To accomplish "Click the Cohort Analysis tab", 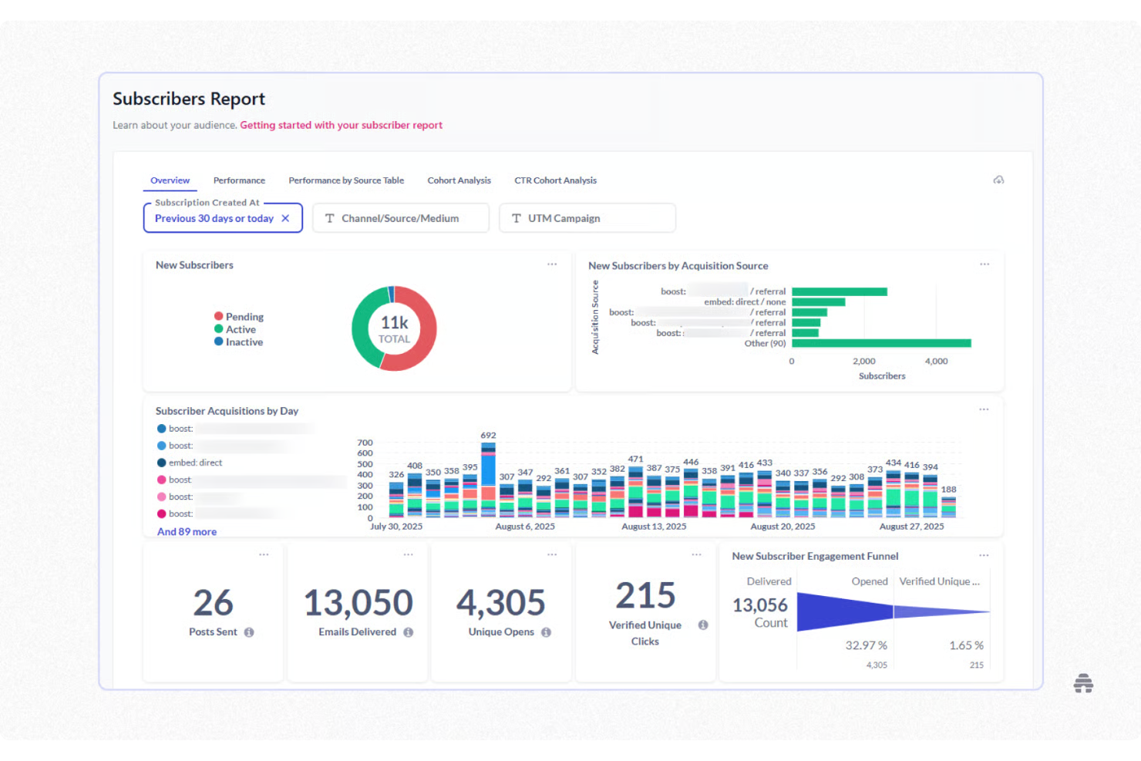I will point(459,180).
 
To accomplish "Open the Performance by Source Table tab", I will point(346,180).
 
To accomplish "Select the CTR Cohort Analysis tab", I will point(555,180).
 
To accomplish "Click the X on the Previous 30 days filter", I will point(285,218).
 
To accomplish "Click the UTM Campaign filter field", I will point(587,218).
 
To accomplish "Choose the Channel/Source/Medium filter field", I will point(400,218).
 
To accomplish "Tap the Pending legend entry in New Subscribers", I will point(244,317).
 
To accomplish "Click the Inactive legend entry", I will point(244,342).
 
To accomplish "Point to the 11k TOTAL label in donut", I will point(394,329).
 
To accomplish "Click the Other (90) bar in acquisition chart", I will point(880,343).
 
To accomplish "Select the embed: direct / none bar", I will point(818,302).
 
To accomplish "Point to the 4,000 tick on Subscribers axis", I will point(936,361).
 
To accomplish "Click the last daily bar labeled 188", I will point(949,507).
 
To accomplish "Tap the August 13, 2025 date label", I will point(654,527).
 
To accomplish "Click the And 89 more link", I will point(187,532).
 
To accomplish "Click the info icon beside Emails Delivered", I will point(409,632).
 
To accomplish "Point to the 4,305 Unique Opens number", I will point(501,603).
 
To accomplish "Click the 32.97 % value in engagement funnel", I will point(866,645).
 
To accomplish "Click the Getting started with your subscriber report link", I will point(341,125).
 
